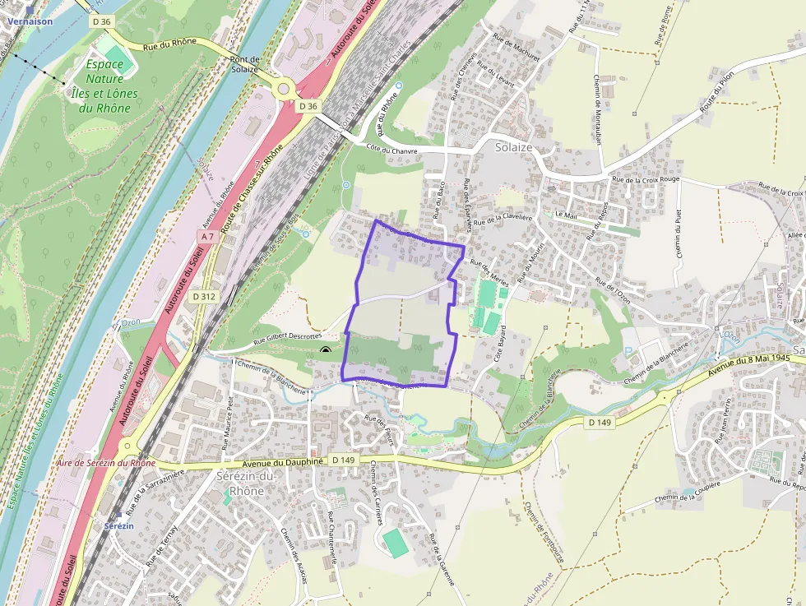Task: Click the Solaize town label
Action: pos(514,147)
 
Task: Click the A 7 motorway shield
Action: pos(207,237)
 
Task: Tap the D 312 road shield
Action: pos(204,296)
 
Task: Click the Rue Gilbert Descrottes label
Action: pos(287,335)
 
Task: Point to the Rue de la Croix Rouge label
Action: pos(646,178)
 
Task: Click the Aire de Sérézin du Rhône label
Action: pos(106,463)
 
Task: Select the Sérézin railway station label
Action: pos(118,525)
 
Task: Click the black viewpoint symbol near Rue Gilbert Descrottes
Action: pos(326,352)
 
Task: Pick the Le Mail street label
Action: pos(567,215)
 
